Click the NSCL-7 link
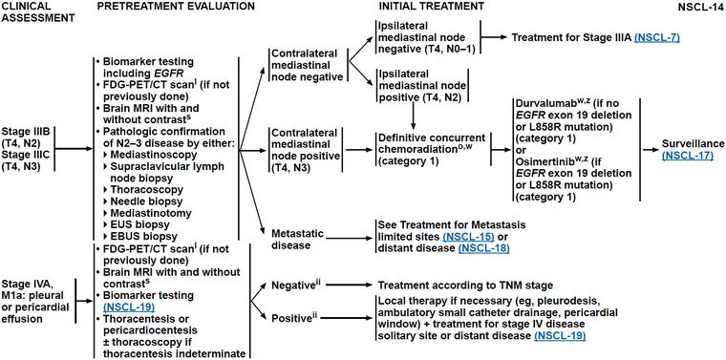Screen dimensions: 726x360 656,38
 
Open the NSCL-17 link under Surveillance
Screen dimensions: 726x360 687,156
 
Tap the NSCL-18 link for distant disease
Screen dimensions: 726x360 484,248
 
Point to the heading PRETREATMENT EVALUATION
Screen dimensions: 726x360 176,7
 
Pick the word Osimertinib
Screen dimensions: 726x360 540,160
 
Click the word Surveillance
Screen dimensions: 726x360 691,144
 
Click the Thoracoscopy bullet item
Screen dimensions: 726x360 140,189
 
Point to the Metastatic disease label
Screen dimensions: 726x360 291,239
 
